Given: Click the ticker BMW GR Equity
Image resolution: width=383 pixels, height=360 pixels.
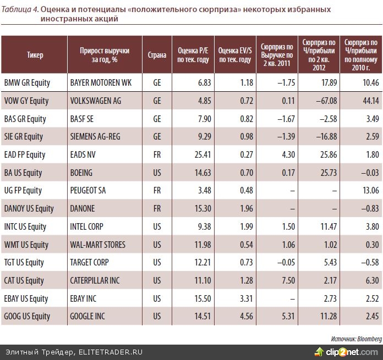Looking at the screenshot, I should pyautogui.click(x=27, y=83).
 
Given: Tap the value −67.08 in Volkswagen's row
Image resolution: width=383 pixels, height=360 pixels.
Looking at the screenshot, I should pyautogui.click(x=323, y=101).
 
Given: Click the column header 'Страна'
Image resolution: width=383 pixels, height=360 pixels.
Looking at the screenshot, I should pyautogui.click(x=157, y=55).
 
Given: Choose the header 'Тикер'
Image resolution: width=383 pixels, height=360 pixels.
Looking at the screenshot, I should pyautogui.click(x=35, y=55).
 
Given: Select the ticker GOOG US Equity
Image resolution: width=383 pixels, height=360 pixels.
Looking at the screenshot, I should pyautogui.click(x=27, y=316).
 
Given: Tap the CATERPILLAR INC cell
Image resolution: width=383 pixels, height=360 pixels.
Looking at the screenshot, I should pyautogui.click(x=95, y=280).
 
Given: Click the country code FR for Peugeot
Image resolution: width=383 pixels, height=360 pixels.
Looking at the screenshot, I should pyautogui.click(x=157, y=191).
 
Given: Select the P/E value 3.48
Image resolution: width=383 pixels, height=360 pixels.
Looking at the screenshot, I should pyautogui.click(x=198, y=191).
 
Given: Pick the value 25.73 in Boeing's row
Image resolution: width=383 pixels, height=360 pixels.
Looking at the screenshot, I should pyautogui.click(x=323, y=173).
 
